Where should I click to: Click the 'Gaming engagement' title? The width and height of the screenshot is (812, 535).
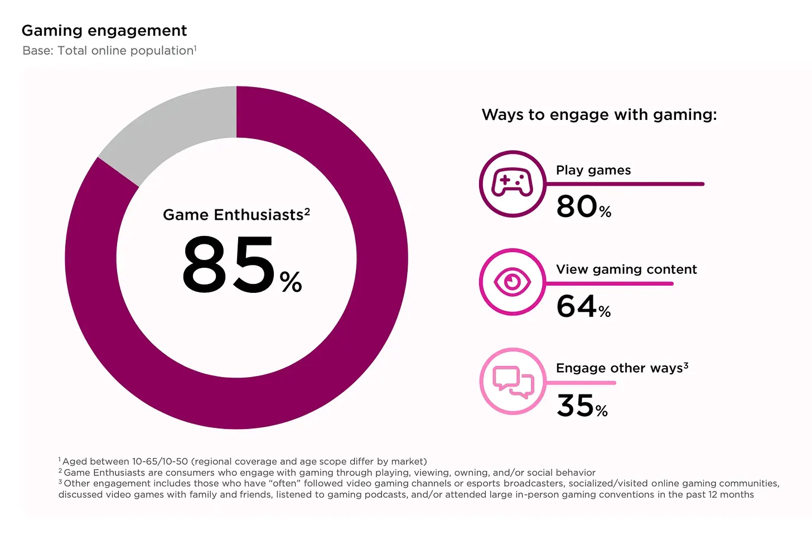104,31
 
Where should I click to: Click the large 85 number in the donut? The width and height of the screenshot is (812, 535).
229,264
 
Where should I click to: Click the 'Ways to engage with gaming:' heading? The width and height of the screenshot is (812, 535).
599,115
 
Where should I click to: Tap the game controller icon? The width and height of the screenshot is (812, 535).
512,183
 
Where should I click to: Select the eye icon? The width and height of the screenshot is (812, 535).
512,282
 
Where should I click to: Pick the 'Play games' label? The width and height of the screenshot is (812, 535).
593,170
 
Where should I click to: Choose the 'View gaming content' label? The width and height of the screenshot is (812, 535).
626,269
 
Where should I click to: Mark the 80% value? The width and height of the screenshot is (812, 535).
583,206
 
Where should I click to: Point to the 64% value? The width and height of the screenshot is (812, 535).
583,306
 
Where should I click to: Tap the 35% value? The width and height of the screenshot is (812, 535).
582,406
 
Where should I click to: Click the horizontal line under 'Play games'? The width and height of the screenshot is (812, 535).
625,184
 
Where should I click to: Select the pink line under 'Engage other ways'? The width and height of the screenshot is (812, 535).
580,383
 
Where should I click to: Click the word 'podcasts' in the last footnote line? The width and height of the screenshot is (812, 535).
385,495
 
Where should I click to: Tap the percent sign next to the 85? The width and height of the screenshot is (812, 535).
291,282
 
